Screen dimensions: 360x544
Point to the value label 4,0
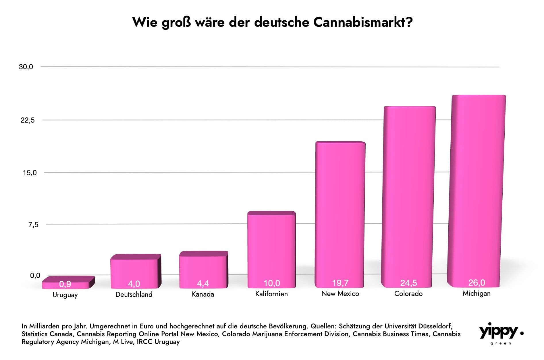[x=134, y=284]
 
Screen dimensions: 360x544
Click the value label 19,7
[x=340, y=283]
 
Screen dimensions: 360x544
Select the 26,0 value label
[x=477, y=283]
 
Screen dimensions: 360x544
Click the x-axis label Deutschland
[x=134, y=295]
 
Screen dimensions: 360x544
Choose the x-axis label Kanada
[x=203, y=294]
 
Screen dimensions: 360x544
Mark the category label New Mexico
[x=340, y=294]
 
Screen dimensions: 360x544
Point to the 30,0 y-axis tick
[x=26, y=67]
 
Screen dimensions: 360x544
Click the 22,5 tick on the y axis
[x=28, y=120]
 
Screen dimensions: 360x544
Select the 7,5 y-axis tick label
[x=33, y=225]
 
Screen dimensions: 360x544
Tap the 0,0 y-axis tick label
[x=35, y=276]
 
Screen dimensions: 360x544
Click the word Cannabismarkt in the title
[x=363, y=22]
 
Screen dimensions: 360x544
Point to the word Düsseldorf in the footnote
[x=435, y=326]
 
